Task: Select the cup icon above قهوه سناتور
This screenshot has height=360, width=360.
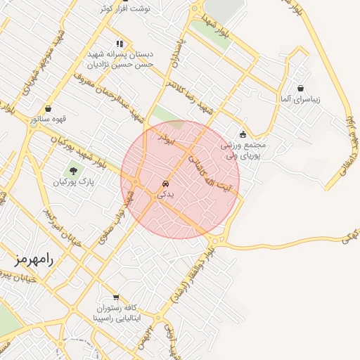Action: (48, 109)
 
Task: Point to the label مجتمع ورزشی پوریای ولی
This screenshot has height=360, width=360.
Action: (243, 150)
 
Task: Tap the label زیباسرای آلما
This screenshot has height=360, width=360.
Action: (299, 99)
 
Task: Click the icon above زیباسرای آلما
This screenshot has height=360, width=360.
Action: (301, 89)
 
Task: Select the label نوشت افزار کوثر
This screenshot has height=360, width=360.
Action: (126, 8)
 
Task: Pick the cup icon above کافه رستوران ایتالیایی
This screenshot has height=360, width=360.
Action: (116, 297)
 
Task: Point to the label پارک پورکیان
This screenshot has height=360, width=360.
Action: (73, 182)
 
